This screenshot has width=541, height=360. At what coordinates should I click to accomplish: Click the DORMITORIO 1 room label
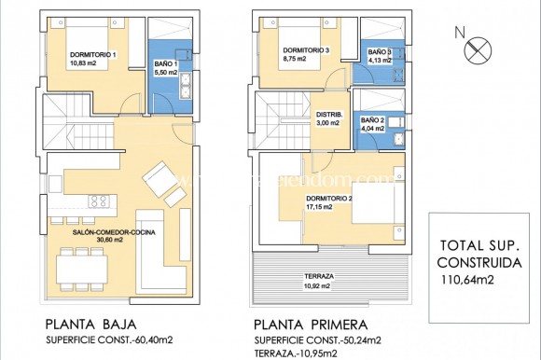point(93,55)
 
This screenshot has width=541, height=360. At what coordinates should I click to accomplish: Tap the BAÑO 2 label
point(372,120)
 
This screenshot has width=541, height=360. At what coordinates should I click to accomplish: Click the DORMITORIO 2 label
point(328,198)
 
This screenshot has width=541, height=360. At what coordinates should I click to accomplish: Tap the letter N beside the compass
point(458,32)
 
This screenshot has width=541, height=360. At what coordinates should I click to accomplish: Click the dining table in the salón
point(80,267)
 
